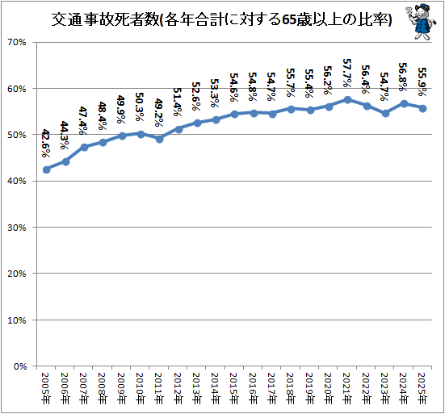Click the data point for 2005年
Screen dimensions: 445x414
[x=46, y=169]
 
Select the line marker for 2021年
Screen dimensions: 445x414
[x=347, y=99]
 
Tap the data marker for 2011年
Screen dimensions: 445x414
[x=159, y=139]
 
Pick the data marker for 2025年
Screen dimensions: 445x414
[x=422, y=108]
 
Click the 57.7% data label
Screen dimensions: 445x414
[x=347, y=73]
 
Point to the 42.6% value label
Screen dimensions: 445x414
[x=46, y=143]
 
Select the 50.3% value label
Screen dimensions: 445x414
[x=140, y=107]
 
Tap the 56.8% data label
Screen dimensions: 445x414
[x=403, y=77]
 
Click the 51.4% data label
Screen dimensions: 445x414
[x=178, y=102]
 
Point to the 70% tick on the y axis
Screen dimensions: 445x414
[x=17, y=42]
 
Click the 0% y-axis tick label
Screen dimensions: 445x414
[x=20, y=366]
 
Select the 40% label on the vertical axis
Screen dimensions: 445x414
[x=17, y=181]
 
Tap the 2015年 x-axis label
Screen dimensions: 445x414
[x=234, y=388]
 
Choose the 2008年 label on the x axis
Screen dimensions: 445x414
[x=103, y=388]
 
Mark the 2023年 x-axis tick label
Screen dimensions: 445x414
[x=384, y=388]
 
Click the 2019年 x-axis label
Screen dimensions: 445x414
[x=309, y=388]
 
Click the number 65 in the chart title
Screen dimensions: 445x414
[x=289, y=20]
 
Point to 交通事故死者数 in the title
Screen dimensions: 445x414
[x=105, y=20]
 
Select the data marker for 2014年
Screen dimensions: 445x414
[x=216, y=119]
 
